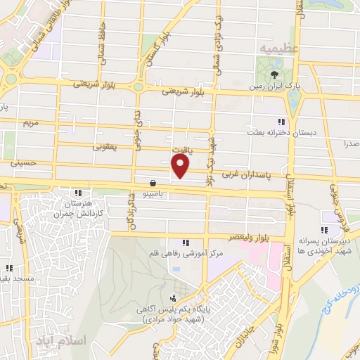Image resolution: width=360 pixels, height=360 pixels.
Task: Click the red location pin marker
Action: tap(181, 166)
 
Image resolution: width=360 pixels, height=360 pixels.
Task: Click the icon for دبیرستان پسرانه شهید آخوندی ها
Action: tap(324, 230)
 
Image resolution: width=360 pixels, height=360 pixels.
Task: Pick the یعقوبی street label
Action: tap(105, 148)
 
